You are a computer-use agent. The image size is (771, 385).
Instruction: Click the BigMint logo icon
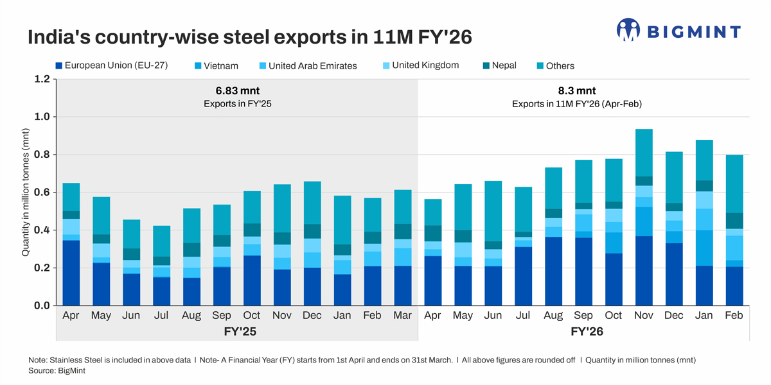click(628, 30)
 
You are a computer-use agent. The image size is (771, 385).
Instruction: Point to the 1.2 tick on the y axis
click(41, 80)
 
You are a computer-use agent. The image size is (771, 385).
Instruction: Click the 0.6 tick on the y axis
click(41, 193)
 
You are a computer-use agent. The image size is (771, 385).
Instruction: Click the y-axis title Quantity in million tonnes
click(26, 193)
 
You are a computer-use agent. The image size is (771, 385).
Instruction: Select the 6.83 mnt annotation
click(237, 91)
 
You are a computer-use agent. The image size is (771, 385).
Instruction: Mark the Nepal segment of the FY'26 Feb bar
click(734, 221)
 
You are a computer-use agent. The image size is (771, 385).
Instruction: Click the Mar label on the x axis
click(403, 316)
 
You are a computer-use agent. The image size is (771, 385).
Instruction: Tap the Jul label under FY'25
click(161, 316)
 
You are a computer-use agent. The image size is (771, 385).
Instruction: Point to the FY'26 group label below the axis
click(587, 332)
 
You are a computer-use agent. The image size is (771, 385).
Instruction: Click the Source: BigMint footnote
click(57, 371)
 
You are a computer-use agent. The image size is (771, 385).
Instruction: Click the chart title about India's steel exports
click(249, 37)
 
